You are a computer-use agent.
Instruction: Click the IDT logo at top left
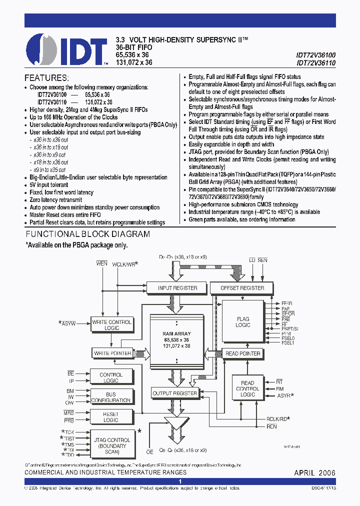(66, 49)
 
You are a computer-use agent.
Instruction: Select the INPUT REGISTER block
(177, 288)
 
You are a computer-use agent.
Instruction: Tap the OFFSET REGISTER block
(242, 288)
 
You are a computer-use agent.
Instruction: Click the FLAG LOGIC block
(243, 322)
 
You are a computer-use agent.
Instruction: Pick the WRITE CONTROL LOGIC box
(111, 325)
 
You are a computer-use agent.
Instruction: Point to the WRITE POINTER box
(112, 353)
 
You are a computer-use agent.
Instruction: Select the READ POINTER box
(243, 353)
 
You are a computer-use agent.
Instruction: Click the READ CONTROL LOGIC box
(247, 389)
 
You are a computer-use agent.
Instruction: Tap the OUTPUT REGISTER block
(174, 393)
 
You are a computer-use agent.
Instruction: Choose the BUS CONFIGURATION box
(111, 397)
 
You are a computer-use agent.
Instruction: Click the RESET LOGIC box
(111, 417)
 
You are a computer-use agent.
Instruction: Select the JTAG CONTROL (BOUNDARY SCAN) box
(112, 443)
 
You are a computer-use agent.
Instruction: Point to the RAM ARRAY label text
(176, 333)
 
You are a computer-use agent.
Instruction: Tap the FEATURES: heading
(46, 78)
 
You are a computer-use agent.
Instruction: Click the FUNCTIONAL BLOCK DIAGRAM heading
(87, 234)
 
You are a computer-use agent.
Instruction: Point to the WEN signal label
(102, 263)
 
